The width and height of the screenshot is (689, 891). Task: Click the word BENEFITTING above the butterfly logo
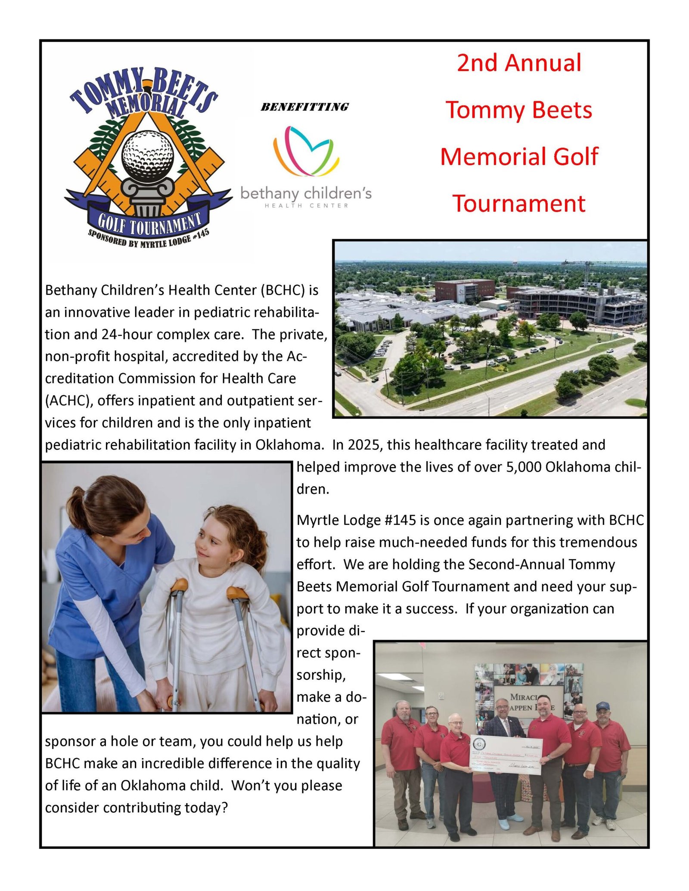click(x=304, y=107)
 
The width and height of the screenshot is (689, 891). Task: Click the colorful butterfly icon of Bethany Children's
click(x=306, y=151)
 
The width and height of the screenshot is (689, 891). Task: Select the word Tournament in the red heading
click(x=519, y=203)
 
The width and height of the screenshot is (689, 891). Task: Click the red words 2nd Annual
click(x=519, y=63)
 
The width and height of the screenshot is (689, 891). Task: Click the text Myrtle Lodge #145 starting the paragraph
click(x=356, y=520)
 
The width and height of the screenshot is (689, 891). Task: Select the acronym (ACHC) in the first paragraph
click(x=69, y=401)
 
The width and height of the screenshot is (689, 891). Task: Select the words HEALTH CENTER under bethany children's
click(x=306, y=206)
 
